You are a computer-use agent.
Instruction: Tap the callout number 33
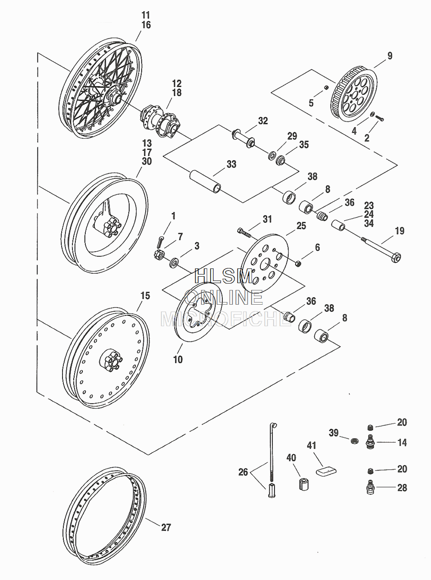coord(231,164)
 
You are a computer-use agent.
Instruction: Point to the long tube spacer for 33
coord(205,181)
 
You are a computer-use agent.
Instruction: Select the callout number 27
coord(166,527)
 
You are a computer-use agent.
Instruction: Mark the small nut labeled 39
coord(354,441)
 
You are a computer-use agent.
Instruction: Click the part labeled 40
coord(303,483)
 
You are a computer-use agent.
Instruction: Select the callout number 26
coord(243,472)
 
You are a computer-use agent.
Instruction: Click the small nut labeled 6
coord(298,264)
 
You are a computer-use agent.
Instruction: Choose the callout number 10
coord(178,359)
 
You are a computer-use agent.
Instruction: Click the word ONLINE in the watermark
coord(224,297)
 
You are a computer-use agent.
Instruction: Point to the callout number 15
coord(145,296)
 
